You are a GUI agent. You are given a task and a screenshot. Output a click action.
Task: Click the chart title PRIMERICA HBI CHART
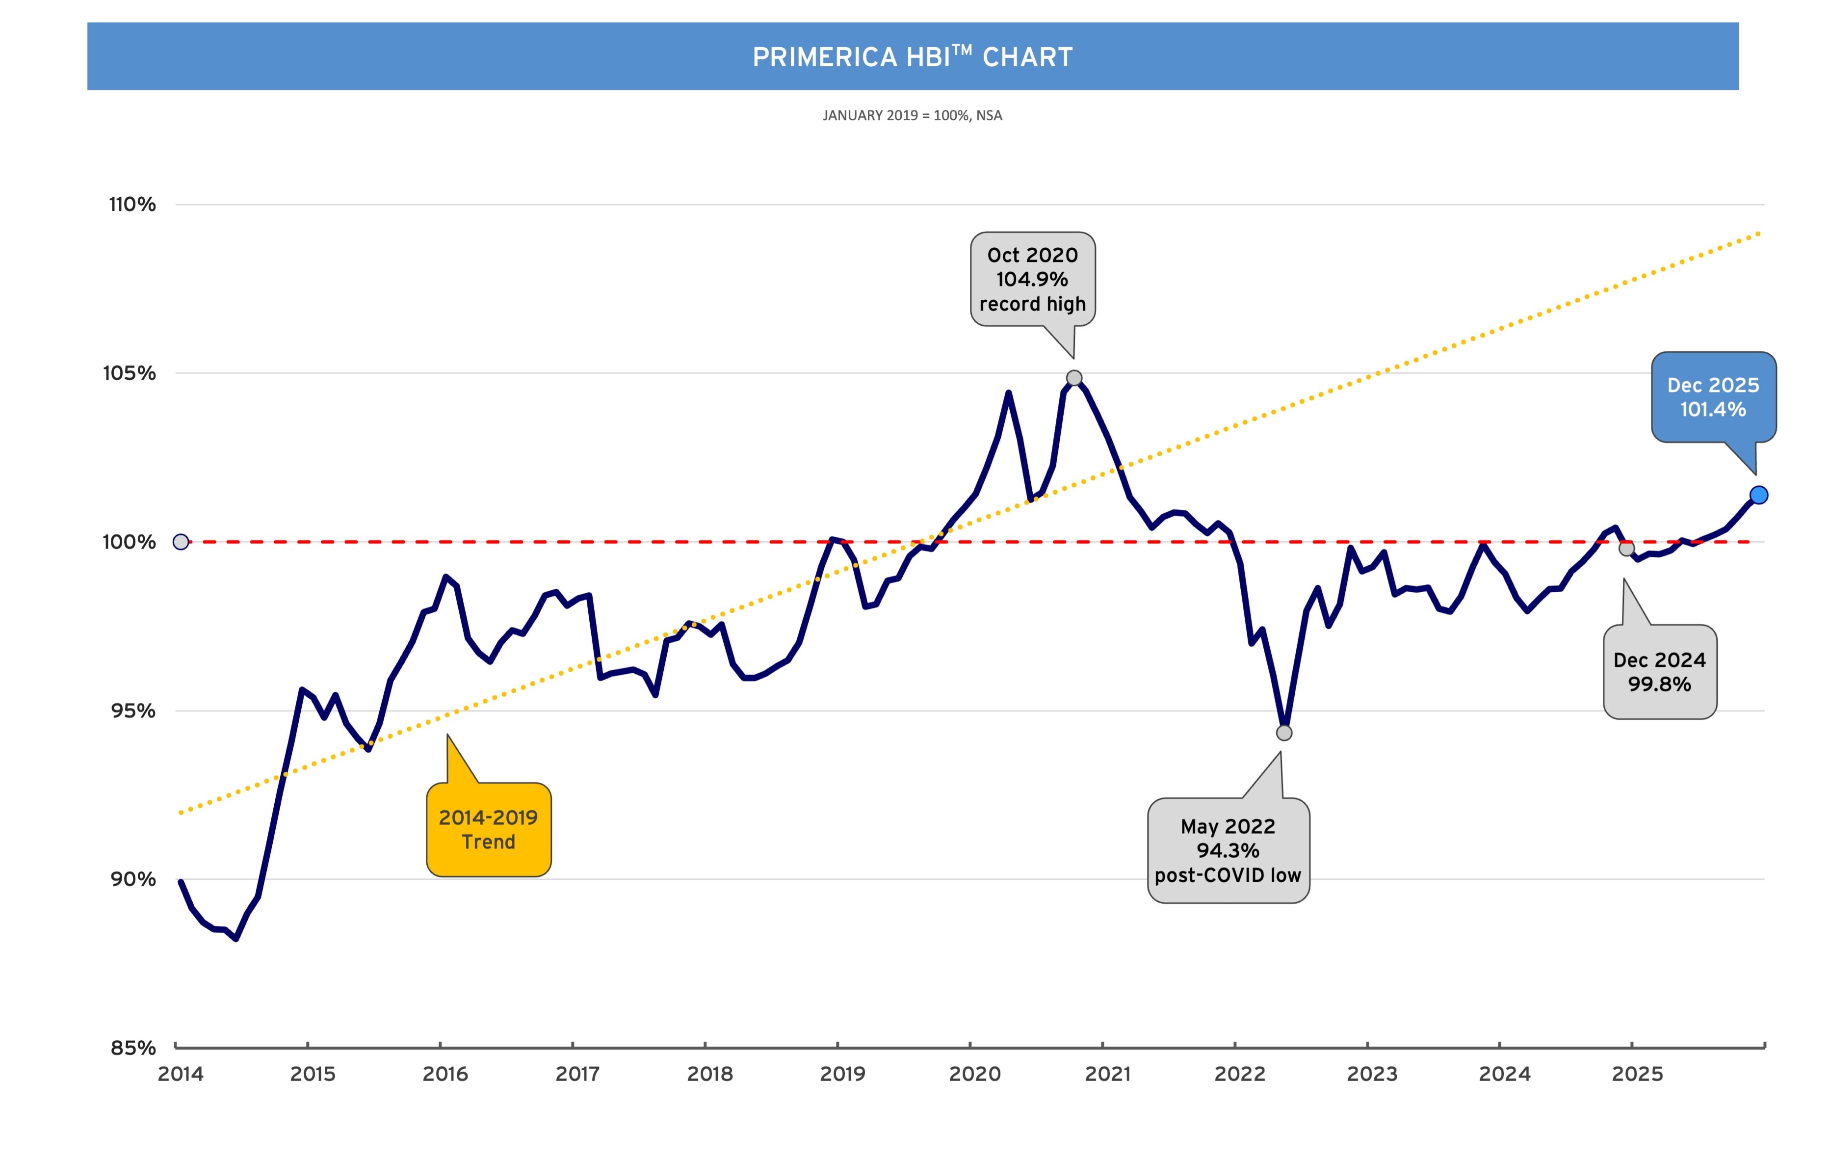click(912, 57)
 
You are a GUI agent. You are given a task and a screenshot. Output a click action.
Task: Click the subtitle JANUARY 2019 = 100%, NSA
click(912, 115)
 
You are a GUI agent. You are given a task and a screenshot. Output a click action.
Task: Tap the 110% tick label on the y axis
click(132, 205)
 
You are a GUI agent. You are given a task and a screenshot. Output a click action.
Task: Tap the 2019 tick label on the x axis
click(842, 1074)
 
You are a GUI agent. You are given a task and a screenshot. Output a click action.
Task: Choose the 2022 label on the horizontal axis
click(1239, 1074)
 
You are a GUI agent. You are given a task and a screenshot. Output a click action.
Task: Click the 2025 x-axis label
click(1637, 1074)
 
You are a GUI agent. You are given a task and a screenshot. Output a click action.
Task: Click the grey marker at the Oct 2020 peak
click(1074, 378)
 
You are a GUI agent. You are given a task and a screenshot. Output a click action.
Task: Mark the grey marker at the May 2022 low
click(1283, 733)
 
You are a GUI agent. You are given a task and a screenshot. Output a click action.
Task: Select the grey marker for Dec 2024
click(1626, 548)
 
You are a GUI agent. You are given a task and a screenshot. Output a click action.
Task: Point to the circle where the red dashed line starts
click(181, 542)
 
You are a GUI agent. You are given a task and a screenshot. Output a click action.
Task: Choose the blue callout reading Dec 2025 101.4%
click(1713, 396)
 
